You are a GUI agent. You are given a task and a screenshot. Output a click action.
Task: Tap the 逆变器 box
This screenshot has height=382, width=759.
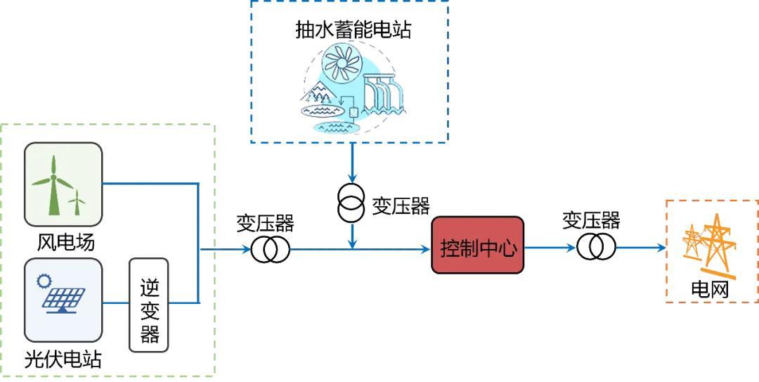[x=149, y=305]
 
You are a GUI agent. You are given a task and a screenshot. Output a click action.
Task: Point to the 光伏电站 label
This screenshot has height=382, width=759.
[x=63, y=359]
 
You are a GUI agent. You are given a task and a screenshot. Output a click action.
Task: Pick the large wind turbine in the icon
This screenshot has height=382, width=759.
[x=53, y=184]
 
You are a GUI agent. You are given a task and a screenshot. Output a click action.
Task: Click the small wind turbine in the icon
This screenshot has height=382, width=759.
[x=77, y=202]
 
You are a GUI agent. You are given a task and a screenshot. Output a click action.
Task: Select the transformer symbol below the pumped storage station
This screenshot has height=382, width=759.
[x=351, y=203]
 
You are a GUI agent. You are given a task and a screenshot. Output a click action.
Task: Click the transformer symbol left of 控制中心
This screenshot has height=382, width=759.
[x=271, y=249]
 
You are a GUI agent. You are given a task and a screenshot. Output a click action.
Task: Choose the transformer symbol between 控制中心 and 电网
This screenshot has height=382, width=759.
[x=597, y=247]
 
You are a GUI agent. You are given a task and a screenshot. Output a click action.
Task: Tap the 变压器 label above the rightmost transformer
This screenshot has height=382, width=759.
[x=591, y=220]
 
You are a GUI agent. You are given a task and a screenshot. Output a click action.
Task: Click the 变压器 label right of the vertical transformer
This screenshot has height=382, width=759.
[x=401, y=206]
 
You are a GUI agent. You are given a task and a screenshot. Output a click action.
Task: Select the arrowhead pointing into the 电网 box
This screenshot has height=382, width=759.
[x=661, y=248]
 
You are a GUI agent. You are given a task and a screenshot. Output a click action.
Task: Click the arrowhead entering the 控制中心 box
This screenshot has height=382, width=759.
[x=426, y=249]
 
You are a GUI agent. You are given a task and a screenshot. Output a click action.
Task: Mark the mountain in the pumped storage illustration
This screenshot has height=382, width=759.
[x=315, y=90]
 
